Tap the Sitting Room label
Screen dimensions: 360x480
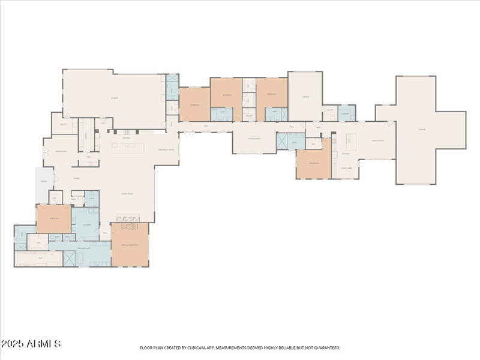click(x=254, y=138)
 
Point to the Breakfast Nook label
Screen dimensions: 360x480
click(x=166, y=149)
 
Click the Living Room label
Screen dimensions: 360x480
click(x=127, y=194)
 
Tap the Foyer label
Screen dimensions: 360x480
click(x=77, y=178)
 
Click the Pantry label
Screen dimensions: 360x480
click(x=86, y=136)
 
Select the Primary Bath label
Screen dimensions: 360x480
click(x=83, y=248)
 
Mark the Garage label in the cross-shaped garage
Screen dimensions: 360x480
click(x=422, y=130)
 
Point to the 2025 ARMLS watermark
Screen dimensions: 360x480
click(x=31, y=344)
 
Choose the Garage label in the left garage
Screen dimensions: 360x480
click(x=114, y=98)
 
